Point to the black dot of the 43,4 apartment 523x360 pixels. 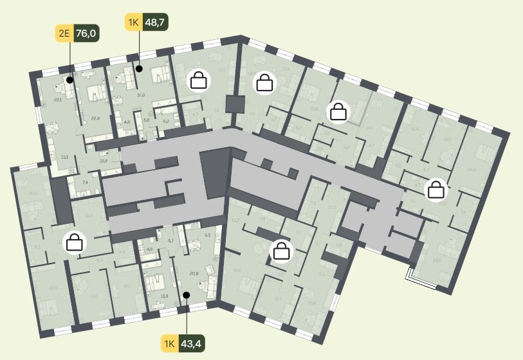tap(186, 295)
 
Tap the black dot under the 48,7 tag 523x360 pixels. tap(139, 67)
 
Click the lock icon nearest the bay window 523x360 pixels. tap(437, 190)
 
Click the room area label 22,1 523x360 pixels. tap(58, 100)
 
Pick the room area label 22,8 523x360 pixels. tap(95, 118)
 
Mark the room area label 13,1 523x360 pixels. tap(65, 156)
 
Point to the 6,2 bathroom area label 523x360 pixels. tap(165, 121)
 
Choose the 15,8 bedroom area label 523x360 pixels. tap(164, 296)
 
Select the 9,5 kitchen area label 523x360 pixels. tap(207, 235)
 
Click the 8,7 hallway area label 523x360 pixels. tap(170, 240)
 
